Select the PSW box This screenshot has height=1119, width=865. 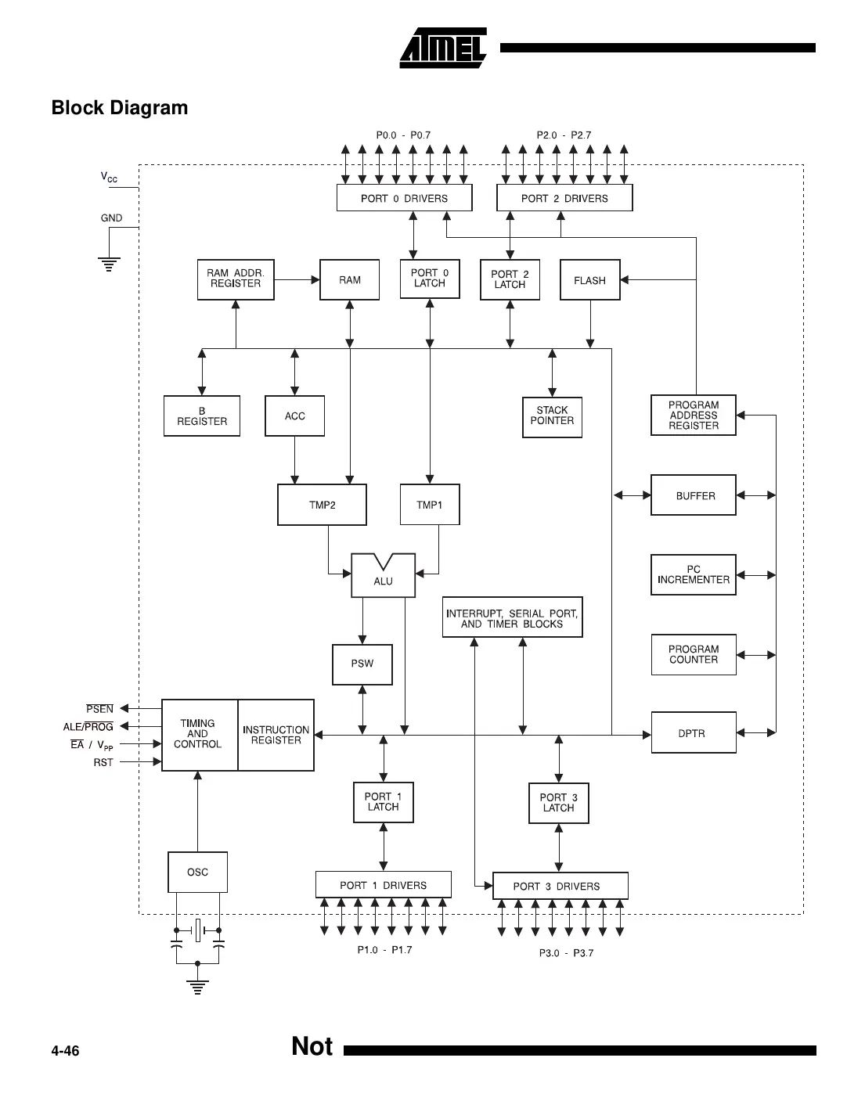[362, 664]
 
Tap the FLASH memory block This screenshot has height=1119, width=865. [589, 280]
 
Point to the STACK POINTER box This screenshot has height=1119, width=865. [552, 416]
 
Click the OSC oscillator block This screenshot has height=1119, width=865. [197, 872]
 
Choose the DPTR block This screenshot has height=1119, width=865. [693, 733]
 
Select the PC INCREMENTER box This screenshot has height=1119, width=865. [693, 575]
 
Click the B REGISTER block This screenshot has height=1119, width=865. [202, 416]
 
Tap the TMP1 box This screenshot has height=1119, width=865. [429, 505]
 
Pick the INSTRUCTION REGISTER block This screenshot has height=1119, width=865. [276, 736]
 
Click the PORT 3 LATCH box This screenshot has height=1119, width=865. [558, 803]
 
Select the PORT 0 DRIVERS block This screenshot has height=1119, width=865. [404, 198]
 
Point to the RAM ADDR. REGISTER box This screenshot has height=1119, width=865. [235, 279]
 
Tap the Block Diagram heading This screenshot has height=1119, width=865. [120, 108]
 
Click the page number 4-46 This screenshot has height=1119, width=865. [65, 1051]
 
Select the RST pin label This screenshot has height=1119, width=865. [103, 762]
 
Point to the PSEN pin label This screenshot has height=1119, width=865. [99, 709]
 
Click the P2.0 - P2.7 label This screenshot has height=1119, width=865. [564, 135]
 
